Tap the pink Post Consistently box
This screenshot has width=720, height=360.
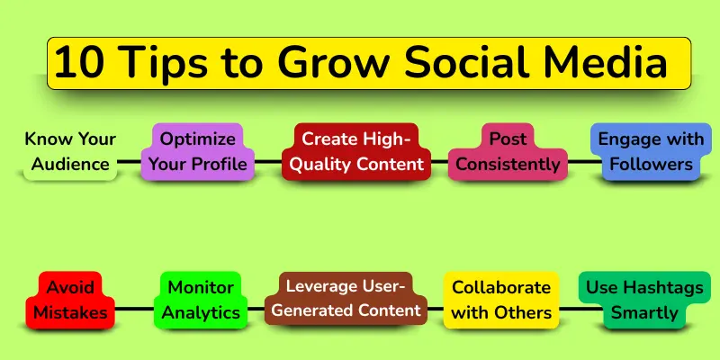(508, 151)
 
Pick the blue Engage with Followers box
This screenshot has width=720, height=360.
(650, 151)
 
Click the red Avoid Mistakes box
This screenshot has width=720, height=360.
(70, 300)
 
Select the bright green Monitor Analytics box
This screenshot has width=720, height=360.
(201, 300)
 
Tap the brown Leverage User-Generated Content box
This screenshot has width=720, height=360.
(346, 299)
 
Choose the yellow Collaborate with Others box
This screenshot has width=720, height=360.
(500, 300)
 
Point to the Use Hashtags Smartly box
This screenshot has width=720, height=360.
(643, 300)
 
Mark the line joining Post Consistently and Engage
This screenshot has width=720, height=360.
(578, 162)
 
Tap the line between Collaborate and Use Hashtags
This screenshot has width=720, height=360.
(569, 310)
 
